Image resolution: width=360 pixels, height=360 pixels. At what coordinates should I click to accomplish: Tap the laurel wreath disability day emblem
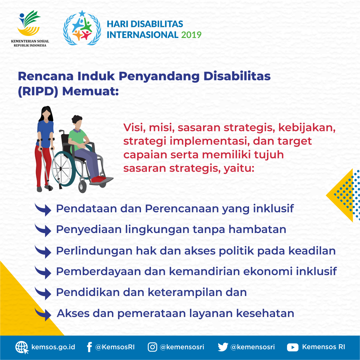(82, 28)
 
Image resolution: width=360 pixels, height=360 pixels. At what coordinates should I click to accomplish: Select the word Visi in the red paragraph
(133, 127)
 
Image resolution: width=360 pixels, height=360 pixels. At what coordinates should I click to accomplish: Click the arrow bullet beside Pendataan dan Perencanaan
(43, 209)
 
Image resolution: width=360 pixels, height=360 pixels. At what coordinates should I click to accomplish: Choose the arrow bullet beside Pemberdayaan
(43, 272)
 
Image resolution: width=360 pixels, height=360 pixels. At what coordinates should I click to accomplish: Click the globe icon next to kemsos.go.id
(22, 347)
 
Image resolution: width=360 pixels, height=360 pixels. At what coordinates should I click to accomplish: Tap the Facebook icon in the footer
(89, 347)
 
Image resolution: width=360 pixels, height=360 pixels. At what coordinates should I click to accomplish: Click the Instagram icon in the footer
(152, 347)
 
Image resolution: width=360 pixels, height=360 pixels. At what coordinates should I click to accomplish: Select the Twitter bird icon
(223, 347)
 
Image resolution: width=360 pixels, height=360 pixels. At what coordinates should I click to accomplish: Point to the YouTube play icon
(292, 347)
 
